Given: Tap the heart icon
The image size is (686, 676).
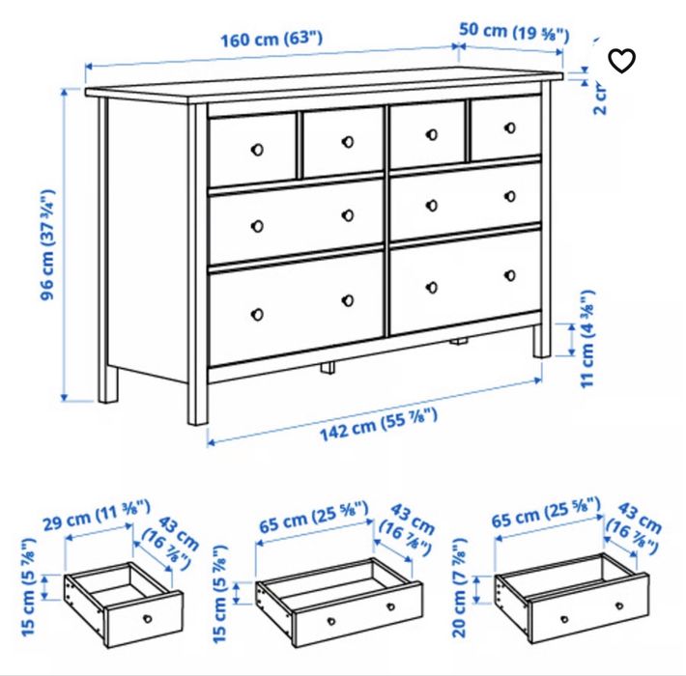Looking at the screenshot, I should click(622, 61).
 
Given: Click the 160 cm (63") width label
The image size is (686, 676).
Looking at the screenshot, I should click(272, 41).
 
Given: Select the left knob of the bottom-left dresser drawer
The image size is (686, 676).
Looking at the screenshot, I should click(257, 313).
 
